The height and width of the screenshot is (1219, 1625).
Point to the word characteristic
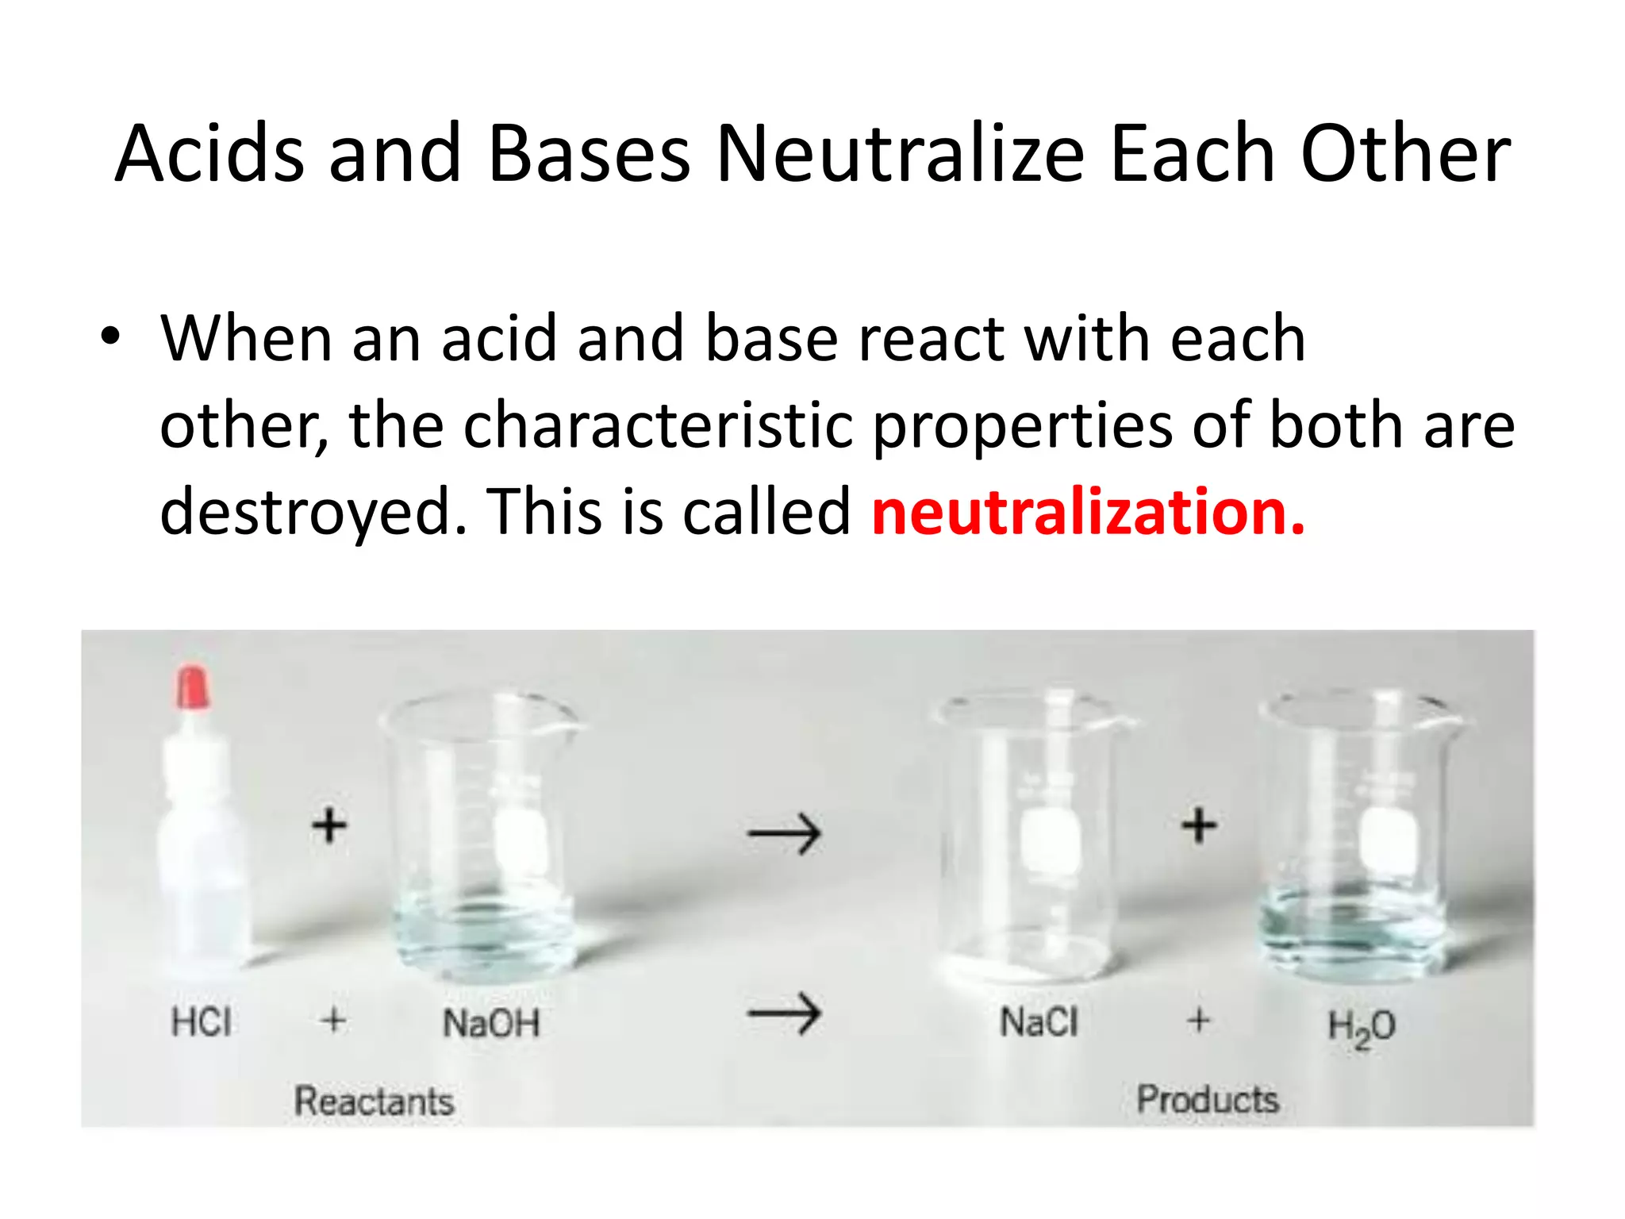click(x=658, y=425)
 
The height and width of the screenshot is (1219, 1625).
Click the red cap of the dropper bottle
click(x=193, y=687)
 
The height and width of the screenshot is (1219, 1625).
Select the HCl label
click(x=202, y=1021)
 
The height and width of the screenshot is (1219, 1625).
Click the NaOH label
click(x=491, y=1023)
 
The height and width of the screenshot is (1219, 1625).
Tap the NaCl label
click(x=1039, y=1022)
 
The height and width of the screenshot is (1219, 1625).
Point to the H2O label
click(x=1362, y=1026)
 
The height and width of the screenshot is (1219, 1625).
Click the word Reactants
click(x=374, y=1102)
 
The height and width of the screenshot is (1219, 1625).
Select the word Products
click(x=1208, y=1100)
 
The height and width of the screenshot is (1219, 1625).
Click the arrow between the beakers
click(x=785, y=833)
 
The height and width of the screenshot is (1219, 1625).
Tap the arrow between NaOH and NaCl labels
click(x=785, y=1013)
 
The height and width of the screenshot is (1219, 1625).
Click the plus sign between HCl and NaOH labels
click(x=334, y=1020)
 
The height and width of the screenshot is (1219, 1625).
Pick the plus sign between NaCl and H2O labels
click(x=1199, y=1020)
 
